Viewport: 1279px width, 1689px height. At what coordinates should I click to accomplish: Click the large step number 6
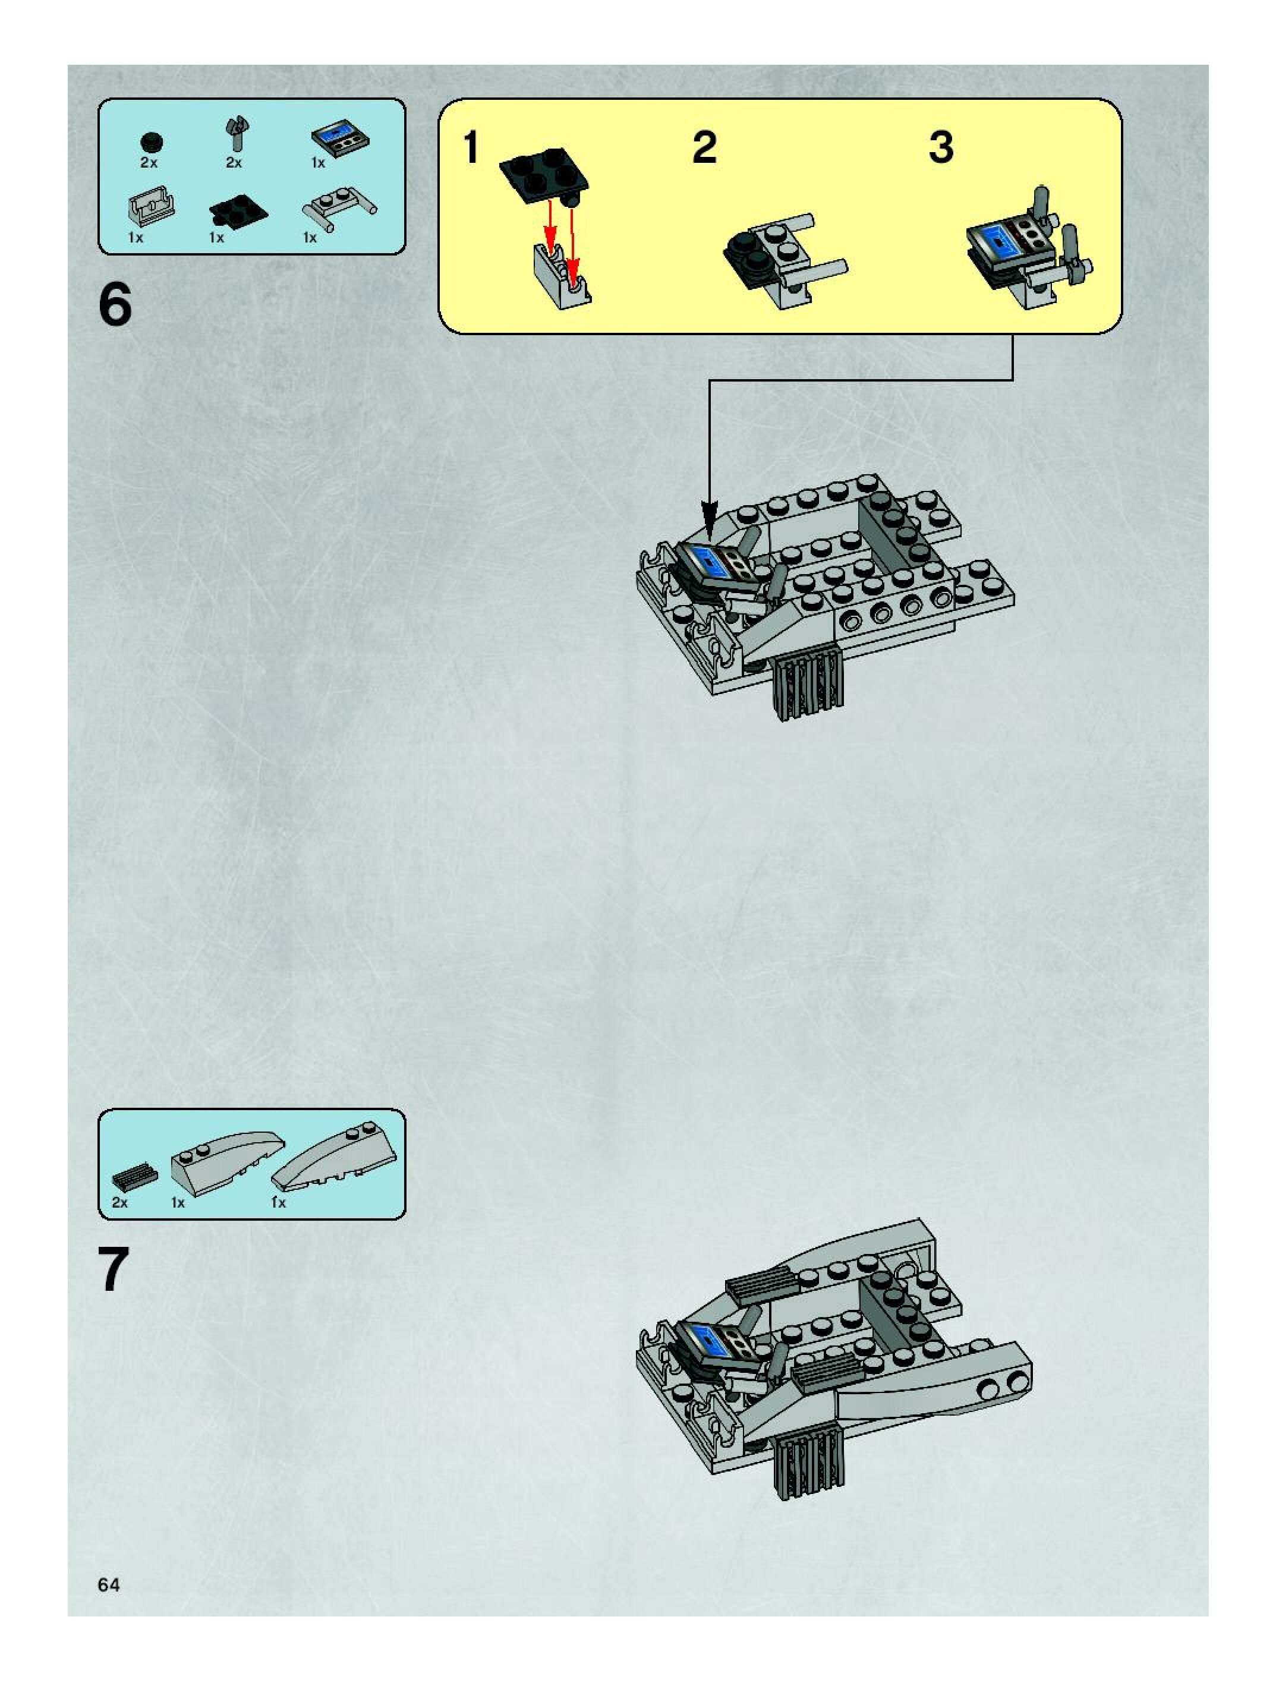point(115,305)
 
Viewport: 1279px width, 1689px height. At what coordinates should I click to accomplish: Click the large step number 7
point(114,1271)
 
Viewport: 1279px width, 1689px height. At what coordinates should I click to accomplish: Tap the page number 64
point(108,1585)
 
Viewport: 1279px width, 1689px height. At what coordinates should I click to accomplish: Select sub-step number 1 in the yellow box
point(471,147)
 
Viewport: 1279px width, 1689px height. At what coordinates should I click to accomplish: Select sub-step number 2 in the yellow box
point(704,147)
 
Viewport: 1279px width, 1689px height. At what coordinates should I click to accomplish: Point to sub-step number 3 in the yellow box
point(941,147)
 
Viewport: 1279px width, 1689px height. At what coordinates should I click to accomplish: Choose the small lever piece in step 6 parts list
point(237,134)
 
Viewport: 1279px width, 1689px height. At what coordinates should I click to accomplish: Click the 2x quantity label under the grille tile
point(120,1203)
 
